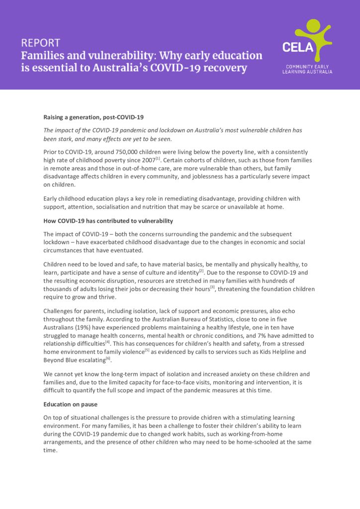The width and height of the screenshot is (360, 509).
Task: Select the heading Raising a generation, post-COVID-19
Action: pos(93,117)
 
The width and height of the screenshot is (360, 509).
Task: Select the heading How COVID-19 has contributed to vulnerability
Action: pos(108,220)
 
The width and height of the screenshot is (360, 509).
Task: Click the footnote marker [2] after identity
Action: pos(201,270)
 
